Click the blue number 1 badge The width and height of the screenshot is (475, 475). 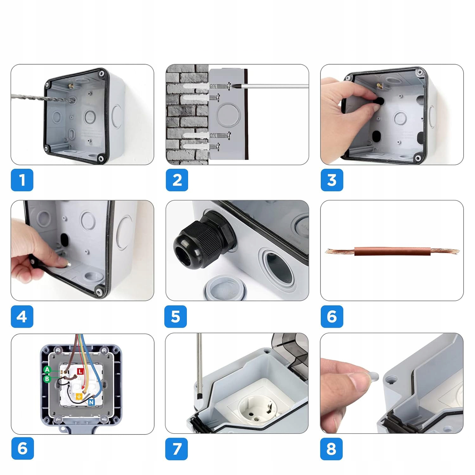(x=22, y=180)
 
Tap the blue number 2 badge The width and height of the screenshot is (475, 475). (x=177, y=180)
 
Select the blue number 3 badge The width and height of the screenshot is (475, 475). (x=332, y=180)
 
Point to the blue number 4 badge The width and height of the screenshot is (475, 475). (x=22, y=316)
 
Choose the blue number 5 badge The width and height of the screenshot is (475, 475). (x=175, y=316)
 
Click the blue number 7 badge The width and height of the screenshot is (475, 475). (x=176, y=449)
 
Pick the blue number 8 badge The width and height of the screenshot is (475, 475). (x=331, y=449)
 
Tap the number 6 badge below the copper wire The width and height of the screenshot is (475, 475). (x=332, y=316)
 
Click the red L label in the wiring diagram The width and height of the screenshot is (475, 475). (x=80, y=371)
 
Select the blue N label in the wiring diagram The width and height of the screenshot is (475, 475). (x=91, y=402)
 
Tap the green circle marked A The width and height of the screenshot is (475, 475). (x=47, y=370)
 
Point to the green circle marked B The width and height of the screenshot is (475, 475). (x=47, y=378)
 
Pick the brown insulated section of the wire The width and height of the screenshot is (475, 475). (x=392, y=251)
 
